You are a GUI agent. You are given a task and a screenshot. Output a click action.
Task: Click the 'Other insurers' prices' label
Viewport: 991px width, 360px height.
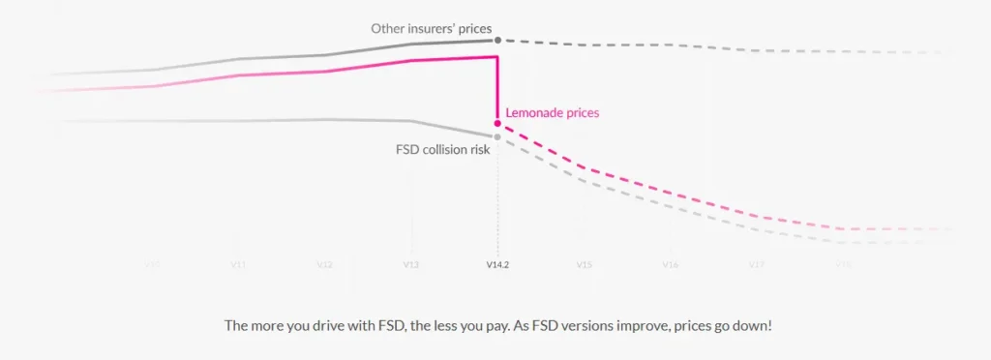[431, 28]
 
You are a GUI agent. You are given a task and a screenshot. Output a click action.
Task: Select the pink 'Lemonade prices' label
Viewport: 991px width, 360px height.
[553, 112]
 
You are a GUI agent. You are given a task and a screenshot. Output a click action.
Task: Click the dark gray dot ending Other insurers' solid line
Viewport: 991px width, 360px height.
[497, 40]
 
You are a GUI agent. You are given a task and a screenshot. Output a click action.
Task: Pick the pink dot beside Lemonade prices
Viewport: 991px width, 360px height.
[497, 123]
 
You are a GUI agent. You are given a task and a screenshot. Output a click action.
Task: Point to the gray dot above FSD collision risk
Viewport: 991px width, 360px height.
[497, 136]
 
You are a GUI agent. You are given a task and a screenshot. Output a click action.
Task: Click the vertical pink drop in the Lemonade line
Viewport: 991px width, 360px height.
[497, 87]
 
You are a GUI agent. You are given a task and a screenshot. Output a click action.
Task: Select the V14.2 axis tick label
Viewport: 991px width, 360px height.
[497, 263]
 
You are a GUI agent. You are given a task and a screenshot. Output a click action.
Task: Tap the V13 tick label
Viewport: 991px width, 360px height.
[411, 263]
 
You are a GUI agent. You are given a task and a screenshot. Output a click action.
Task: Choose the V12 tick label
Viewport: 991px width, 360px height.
[326, 263]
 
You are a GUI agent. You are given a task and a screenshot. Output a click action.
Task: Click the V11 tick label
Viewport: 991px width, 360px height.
[238, 263]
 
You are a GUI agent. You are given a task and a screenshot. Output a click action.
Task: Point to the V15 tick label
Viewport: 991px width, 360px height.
[584, 263]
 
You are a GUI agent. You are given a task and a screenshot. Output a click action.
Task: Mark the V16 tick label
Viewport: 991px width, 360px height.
[670, 263]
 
